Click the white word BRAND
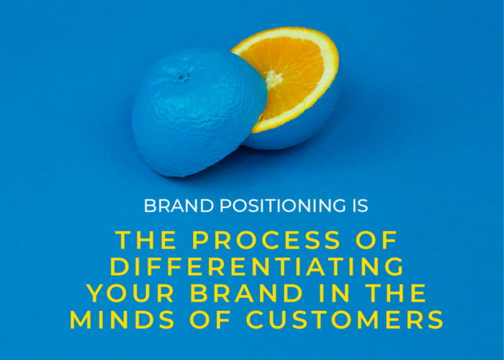pos(179,206)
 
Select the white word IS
pos(360,206)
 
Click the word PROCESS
pos(266,240)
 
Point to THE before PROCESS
pos(146,240)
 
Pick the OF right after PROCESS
pos(377,240)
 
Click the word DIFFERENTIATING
pos(257,266)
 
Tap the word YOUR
pos(130,293)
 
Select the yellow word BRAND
pos(246,293)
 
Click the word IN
pos(335,293)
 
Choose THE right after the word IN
pos(396,293)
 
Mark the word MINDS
pos(122,320)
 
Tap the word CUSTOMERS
pos(345,320)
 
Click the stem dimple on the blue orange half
pos(183,76)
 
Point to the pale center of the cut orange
pos(273,78)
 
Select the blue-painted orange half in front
pos(199,112)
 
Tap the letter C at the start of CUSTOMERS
pos(256,320)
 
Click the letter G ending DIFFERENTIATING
pos(394,266)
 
